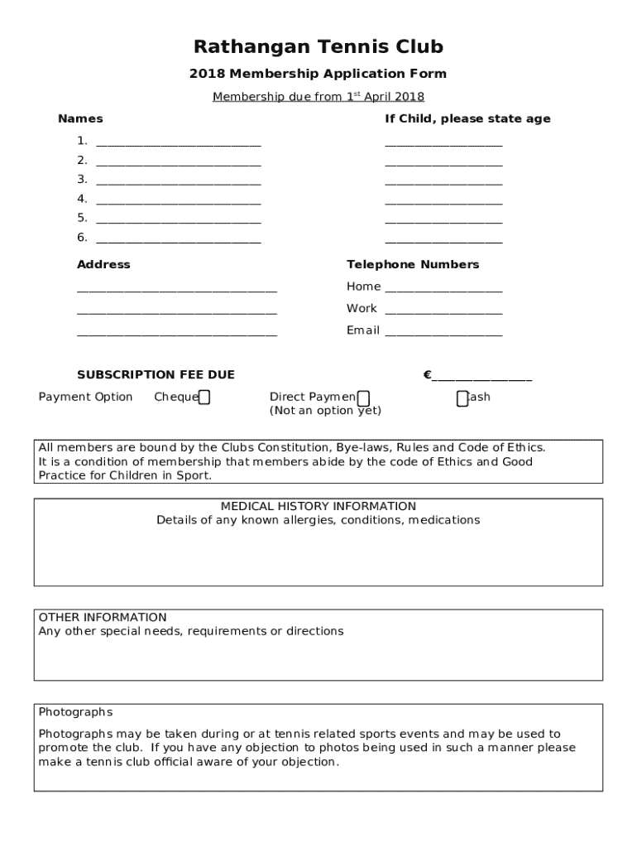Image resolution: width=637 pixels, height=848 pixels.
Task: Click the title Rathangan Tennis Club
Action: pyautogui.click(x=318, y=46)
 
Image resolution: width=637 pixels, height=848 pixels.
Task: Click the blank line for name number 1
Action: pyautogui.click(x=178, y=142)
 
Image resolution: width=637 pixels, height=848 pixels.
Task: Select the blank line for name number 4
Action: pyautogui.click(x=178, y=200)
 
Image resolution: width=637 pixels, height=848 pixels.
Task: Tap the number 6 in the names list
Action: pyautogui.click(x=82, y=238)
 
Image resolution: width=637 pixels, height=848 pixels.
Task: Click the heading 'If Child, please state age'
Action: pyautogui.click(x=467, y=119)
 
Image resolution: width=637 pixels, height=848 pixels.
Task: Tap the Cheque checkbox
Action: pyautogui.click(x=204, y=397)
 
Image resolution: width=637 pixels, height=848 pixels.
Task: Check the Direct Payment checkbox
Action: pyautogui.click(x=363, y=398)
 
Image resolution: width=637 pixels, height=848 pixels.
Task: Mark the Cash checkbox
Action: pyautogui.click(x=462, y=398)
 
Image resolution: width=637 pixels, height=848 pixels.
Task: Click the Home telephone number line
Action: pyautogui.click(x=443, y=289)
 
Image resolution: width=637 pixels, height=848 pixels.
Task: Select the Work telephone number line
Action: pyautogui.click(x=443, y=311)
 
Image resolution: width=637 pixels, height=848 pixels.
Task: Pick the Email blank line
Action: pyautogui.click(x=443, y=333)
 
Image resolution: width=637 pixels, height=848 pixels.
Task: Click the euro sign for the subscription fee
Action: pyautogui.click(x=428, y=375)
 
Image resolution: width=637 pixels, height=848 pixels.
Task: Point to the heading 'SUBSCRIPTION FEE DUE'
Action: pyautogui.click(x=156, y=375)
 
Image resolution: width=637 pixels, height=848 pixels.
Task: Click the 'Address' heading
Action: pyautogui.click(x=103, y=265)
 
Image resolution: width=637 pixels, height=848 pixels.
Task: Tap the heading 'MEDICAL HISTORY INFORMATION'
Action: pyautogui.click(x=318, y=506)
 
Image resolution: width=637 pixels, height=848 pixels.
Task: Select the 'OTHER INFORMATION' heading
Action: pyautogui.click(x=103, y=617)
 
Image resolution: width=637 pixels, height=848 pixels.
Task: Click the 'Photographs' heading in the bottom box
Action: pyautogui.click(x=75, y=712)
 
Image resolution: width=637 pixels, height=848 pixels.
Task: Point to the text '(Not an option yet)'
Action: pyautogui.click(x=325, y=411)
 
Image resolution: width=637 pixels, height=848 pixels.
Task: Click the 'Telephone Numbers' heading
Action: pyautogui.click(x=413, y=265)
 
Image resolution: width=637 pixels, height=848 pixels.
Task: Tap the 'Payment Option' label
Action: pyautogui.click(x=85, y=397)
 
